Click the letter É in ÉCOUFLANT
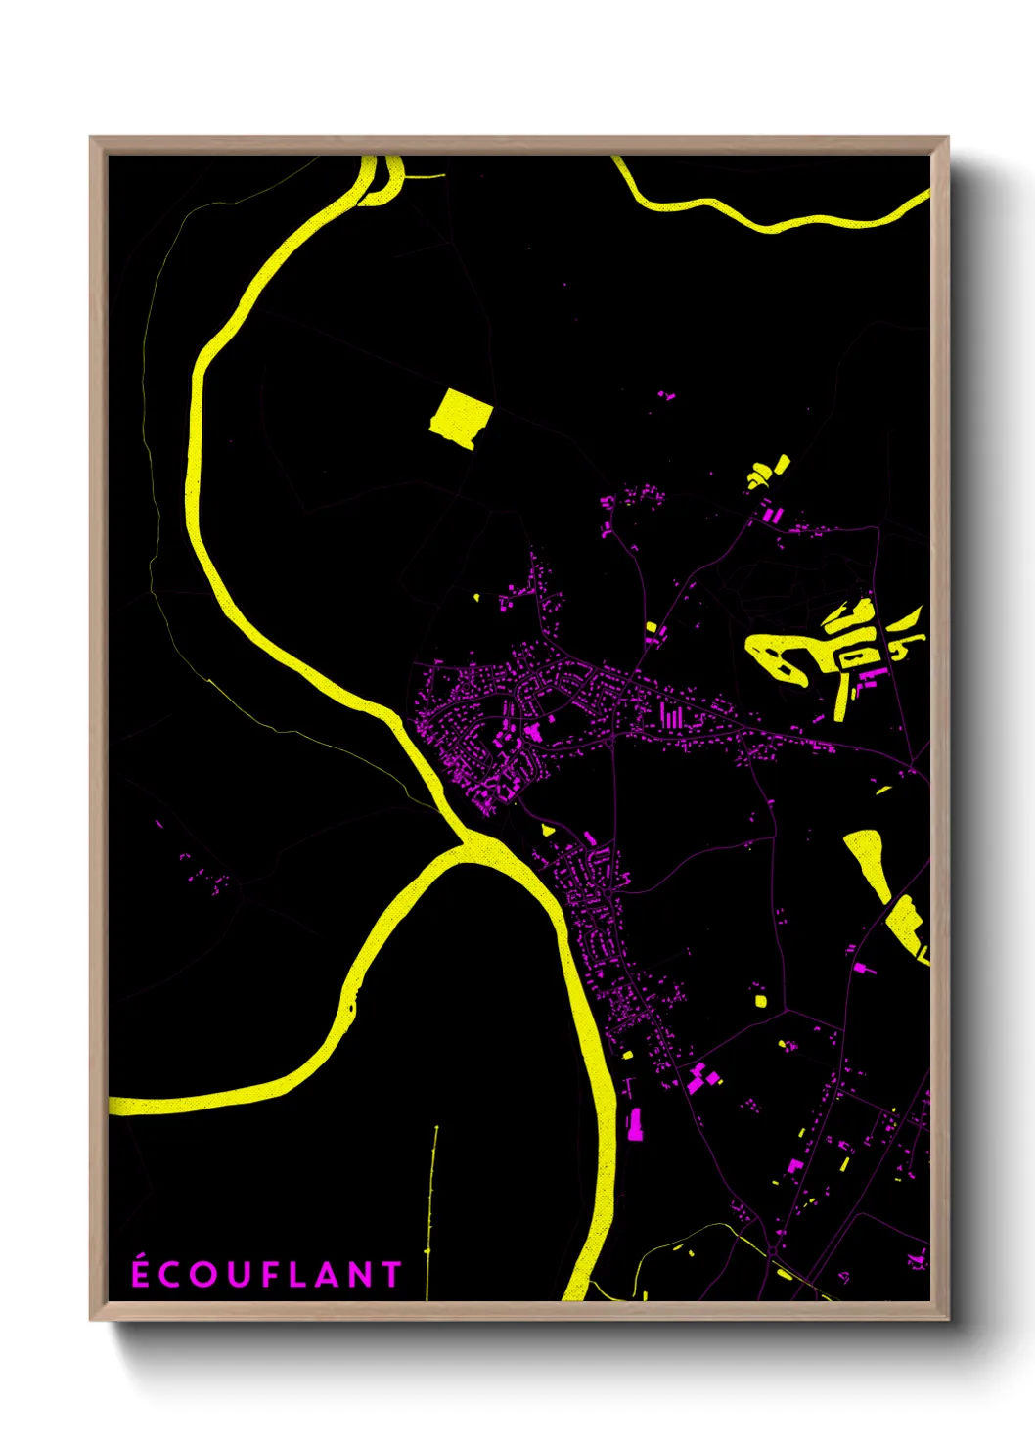coord(141,1273)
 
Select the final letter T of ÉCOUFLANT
coord(392,1274)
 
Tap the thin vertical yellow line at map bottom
coord(431,1203)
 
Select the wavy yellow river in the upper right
coord(773,222)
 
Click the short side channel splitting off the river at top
coord(393,182)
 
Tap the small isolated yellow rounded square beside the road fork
coord(760,1000)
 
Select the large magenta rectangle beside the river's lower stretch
coord(635,1124)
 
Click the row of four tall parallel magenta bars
coord(672,716)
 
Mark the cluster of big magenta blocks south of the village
coord(701,1077)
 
